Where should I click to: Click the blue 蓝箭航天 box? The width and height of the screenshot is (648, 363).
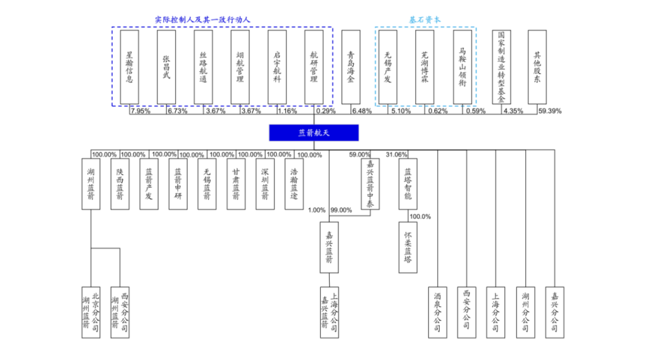tap(314, 132)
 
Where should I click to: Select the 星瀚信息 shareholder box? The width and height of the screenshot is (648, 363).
tap(129, 66)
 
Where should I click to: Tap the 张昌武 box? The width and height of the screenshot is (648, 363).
tap(166, 66)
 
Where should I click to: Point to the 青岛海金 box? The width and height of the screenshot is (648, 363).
tap(351, 66)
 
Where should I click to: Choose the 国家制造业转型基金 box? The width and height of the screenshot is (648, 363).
tap(501, 66)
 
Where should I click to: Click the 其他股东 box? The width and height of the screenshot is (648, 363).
tap(537, 66)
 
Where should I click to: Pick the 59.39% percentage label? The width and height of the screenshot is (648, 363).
tap(550, 111)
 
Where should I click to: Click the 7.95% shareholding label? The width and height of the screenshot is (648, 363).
tap(140, 111)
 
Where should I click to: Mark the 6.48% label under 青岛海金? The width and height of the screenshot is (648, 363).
tap(362, 111)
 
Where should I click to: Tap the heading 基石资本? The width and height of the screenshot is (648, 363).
tap(425, 20)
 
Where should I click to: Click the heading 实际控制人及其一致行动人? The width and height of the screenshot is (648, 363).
tap(202, 20)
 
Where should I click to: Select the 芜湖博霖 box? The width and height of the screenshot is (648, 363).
tap(425, 66)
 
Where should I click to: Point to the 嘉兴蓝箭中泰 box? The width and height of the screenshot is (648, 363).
tap(370, 184)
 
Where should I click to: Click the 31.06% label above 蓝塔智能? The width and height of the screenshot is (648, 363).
tap(397, 154)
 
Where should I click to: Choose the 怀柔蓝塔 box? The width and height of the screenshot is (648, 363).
tap(408, 247)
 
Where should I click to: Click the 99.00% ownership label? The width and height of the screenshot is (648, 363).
tap(341, 211)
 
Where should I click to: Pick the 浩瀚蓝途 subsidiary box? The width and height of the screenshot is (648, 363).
tap(294, 184)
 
